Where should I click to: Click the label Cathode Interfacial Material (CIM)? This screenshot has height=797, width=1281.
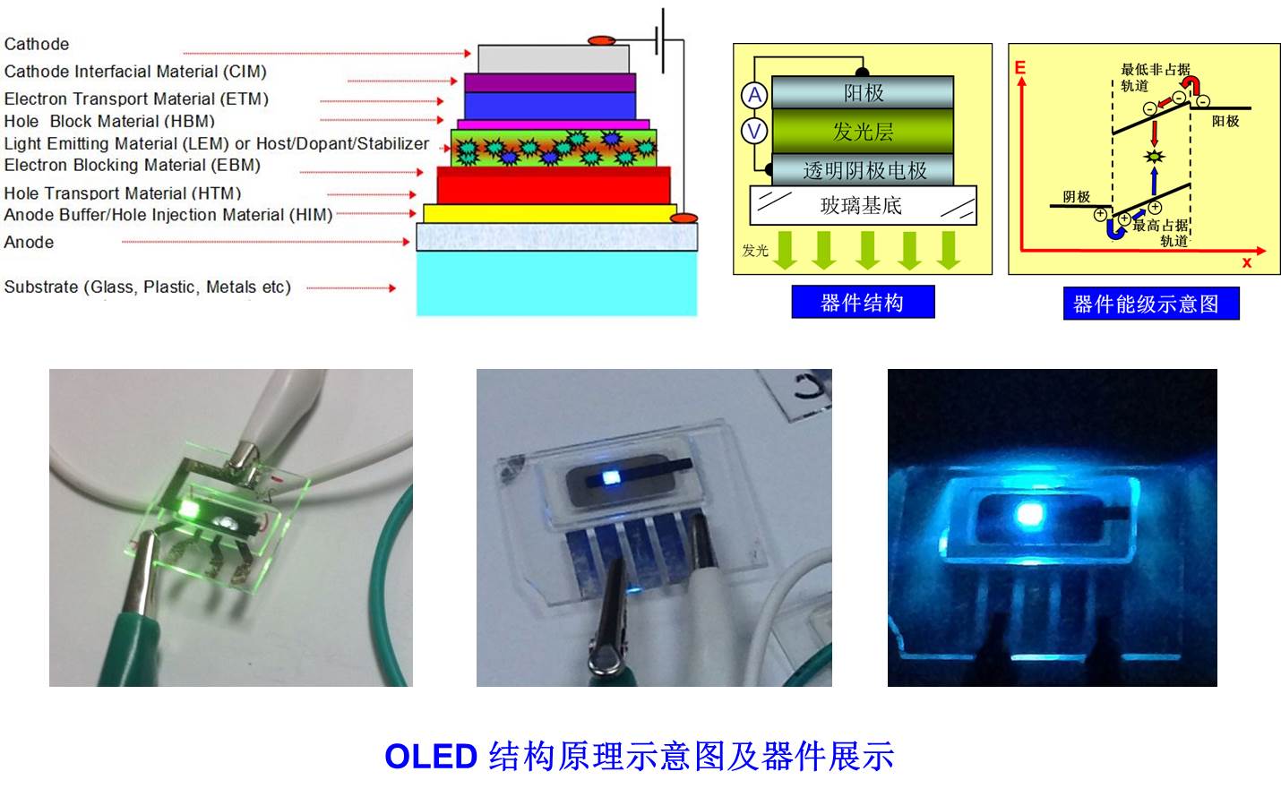(135, 72)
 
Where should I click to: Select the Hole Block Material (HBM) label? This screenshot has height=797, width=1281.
(109, 121)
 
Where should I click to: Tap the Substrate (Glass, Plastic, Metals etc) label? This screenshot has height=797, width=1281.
(148, 287)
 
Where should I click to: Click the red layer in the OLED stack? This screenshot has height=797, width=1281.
(554, 185)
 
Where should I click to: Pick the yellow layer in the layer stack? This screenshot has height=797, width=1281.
(549, 214)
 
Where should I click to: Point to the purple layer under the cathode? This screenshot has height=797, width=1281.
(549, 82)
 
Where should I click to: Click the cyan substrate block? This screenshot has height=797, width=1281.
(556, 284)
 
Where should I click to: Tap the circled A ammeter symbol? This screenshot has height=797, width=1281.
(754, 95)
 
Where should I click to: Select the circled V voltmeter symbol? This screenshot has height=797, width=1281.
(754, 132)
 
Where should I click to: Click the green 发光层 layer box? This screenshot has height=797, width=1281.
(863, 132)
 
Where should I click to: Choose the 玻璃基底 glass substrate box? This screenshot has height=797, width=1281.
(863, 205)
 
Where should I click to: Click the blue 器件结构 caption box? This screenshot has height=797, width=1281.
(863, 302)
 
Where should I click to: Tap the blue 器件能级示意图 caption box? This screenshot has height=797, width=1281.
(1151, 304)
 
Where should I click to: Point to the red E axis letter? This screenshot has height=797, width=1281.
(1020, 67)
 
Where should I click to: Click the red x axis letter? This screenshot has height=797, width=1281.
(1247, 262)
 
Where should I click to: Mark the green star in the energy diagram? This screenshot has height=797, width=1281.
(1154, 156)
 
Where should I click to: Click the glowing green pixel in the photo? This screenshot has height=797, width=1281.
(188, 509)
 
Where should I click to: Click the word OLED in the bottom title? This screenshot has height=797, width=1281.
(431, 757)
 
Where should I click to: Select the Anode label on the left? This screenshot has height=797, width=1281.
(29, 242)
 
